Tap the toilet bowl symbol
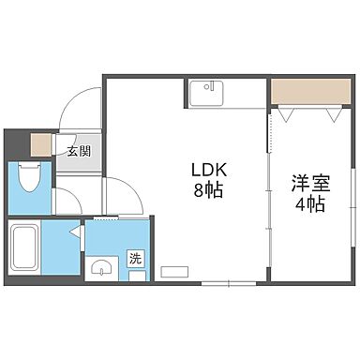coord(27,177)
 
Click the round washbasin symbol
coord(100,269)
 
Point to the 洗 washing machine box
coord(136,259)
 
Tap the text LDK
coord(210,171)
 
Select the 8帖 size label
coord(210,190)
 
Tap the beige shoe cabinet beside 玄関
coord(39,145)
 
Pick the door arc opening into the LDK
coord(120,192)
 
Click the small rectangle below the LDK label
coord(174,272)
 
